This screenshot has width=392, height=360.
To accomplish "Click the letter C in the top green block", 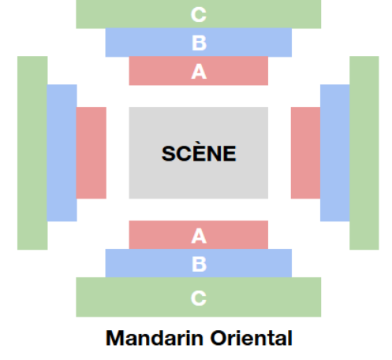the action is point(199,15).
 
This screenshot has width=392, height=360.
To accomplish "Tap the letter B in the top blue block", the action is point(199,43).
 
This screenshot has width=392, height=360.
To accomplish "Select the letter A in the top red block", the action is point(199,72).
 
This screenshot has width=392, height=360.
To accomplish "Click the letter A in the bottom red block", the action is point(199,236).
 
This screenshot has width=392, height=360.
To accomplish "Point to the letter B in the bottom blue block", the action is point(199,264).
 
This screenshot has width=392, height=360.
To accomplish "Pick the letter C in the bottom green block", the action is point(199,299).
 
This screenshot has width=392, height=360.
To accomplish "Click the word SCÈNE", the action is point(199,153).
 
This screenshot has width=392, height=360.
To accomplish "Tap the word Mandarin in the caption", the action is point(155,338).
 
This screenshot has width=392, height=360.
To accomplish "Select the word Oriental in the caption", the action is point(252,338).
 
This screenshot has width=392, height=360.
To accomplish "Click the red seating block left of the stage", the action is point(91,153).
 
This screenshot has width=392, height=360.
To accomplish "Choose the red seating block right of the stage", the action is point(305,153).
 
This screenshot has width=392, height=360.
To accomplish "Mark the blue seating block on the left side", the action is point(62,153).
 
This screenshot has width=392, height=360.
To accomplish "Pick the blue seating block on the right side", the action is point(335,153).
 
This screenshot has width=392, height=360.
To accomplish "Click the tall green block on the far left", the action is point(32,153).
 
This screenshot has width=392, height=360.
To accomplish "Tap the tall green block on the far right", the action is point(364,153).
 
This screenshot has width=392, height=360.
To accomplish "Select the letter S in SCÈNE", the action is point(169,154).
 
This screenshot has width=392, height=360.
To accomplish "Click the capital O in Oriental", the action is point(219,338).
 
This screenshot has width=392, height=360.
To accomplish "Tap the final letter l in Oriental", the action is point(290,338).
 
